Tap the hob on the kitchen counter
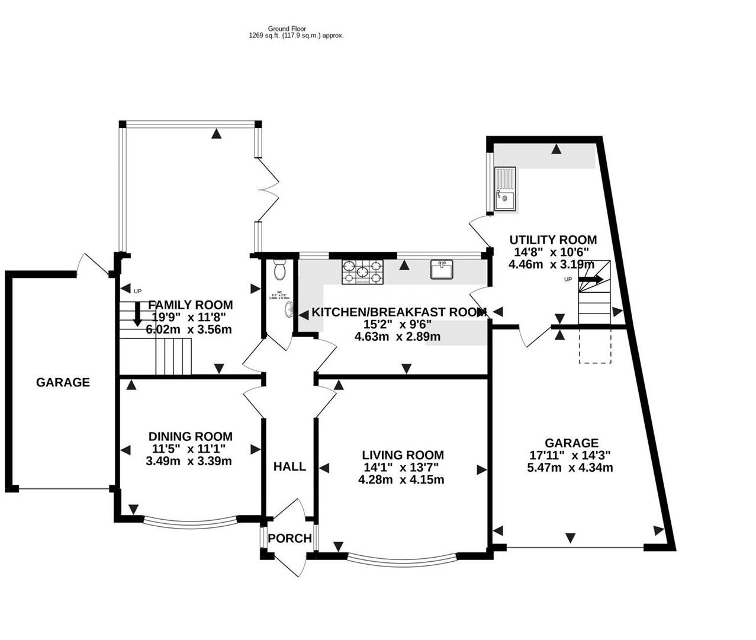click(x=362, y=272)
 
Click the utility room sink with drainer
click(x=505, y=189)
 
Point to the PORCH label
click(x=289, y=538)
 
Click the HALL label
click(x=289, y=466)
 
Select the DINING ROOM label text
click(x=190, y=436)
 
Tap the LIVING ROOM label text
click(x=403, y=455)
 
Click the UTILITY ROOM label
click(x=553, y=240)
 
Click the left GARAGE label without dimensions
click(x=63, y=382)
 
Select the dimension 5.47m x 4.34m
click(x=570, y=468)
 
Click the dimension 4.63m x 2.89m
click(x=397, y=337)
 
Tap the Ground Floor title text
click(x=287, y=28)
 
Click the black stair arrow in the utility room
click(x=591, y=279)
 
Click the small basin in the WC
click(x=289, y=309)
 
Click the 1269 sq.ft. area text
click(x=296, y=36)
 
